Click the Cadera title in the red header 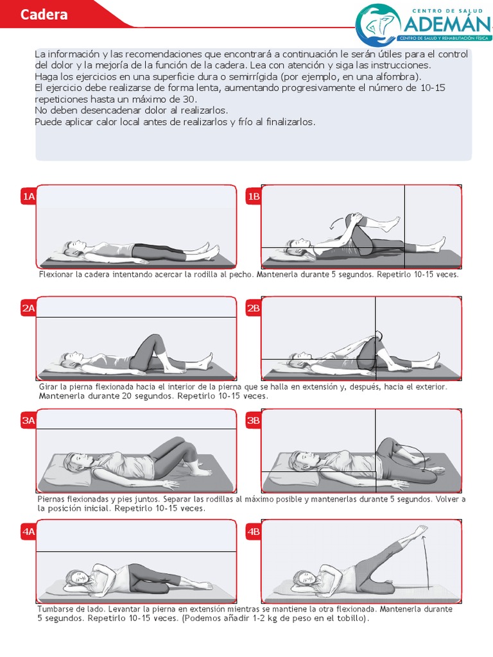pyautogui.click(x=44, y=15)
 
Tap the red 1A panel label pyautogui.click(x=28, y=197)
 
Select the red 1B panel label pyautogui.click(x=253, y=197)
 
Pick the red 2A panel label pyautogui.click(x=28, y=309)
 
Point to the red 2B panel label pyautogui.click(x=253, y=309)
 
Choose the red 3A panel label pyautogui.click(x=28, y=421)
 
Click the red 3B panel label pyautogui.click(x=253, y=421)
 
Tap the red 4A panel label pyautogui.click(x=28, y=532)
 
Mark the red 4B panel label pyautogui.click(x=253, y=532)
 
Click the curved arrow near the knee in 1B pyautogui.click(x=334, y=223)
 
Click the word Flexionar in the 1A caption pyautogui.click(x=55, y=275)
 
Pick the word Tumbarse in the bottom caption pyautogui.click(x=56, y=609)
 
